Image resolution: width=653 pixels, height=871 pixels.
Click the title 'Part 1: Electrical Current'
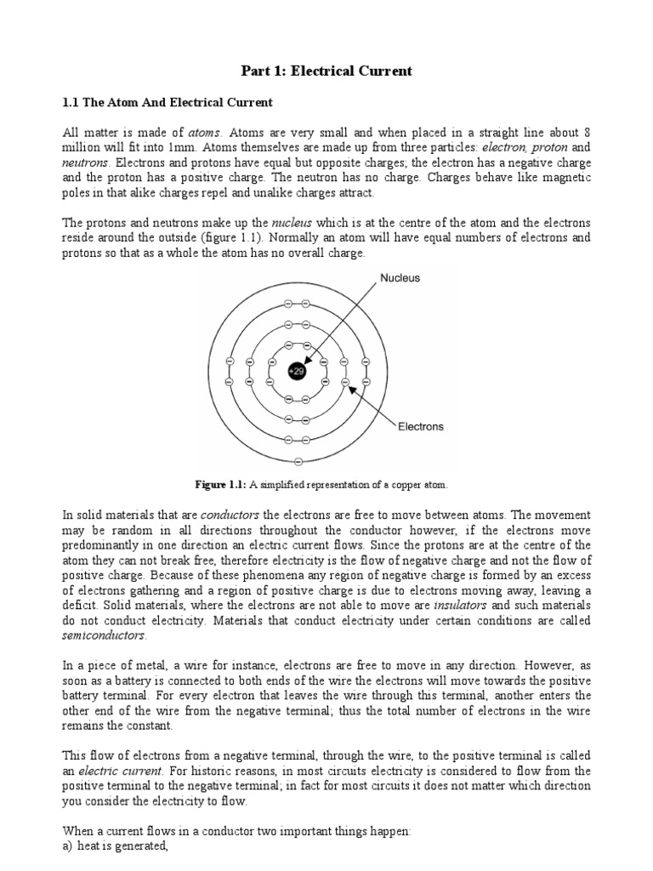point(326,71)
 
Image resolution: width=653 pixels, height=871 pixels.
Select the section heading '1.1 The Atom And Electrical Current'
point(168,102)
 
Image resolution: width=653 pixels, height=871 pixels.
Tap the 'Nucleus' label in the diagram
point(400,278)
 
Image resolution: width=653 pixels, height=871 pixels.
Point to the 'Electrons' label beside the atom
point(421,427)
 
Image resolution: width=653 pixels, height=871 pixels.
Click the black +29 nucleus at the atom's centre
point(297,371)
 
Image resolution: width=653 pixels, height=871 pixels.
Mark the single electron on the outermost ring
point(297,462)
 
